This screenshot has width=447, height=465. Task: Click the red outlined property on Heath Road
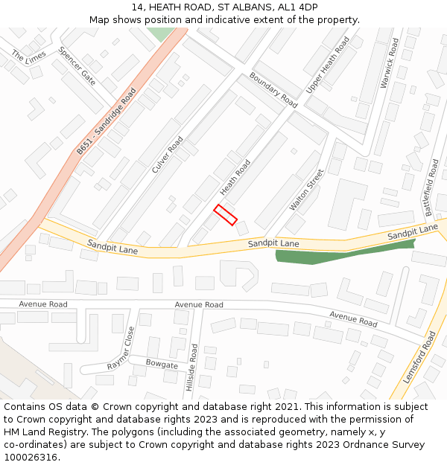(225, 214)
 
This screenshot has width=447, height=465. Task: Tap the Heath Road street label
(235, 177)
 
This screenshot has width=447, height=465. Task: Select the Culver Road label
(168, 155)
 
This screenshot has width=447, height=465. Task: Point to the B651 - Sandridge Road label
(107, 121)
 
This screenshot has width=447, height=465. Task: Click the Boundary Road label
(273, 90)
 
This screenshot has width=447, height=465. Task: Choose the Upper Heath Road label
(327, 65)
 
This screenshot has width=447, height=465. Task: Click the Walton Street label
(306, 190)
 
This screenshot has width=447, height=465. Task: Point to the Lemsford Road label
(419, 358)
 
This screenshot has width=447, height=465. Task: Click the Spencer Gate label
(77, 67)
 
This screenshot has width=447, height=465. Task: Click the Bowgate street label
(162, 365)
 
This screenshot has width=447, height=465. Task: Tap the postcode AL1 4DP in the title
(297, 7)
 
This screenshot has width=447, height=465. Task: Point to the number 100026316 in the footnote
(30, 458)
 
